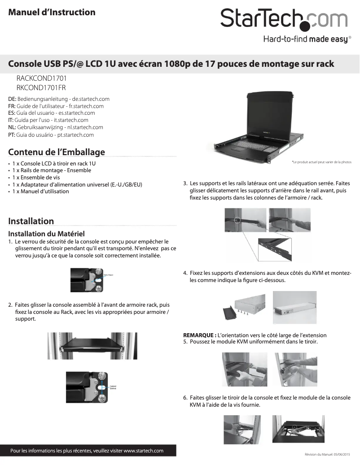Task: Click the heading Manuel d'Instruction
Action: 52,12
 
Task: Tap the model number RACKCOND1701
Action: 41,78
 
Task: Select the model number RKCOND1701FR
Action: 41,87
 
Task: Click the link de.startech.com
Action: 91,99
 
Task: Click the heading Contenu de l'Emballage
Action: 57,152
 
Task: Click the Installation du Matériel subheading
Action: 47,234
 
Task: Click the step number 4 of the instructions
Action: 185,273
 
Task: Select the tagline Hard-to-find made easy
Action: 305,39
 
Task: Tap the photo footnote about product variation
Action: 321,162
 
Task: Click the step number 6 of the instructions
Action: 185,398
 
